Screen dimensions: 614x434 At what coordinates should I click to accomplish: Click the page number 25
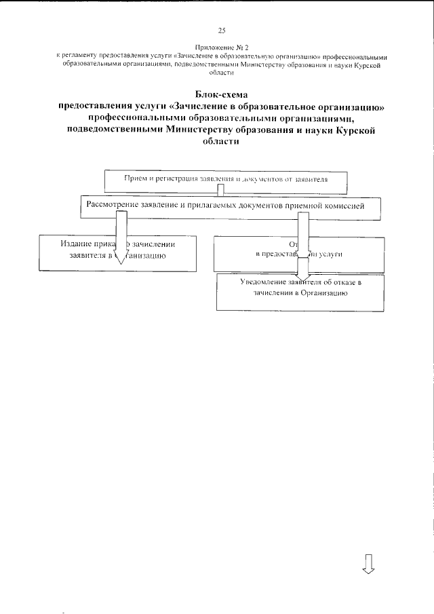pos(222,31)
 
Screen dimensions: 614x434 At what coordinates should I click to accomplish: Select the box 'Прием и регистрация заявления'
pos(226,180)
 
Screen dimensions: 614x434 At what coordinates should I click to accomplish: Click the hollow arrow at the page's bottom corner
pos(369,564)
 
